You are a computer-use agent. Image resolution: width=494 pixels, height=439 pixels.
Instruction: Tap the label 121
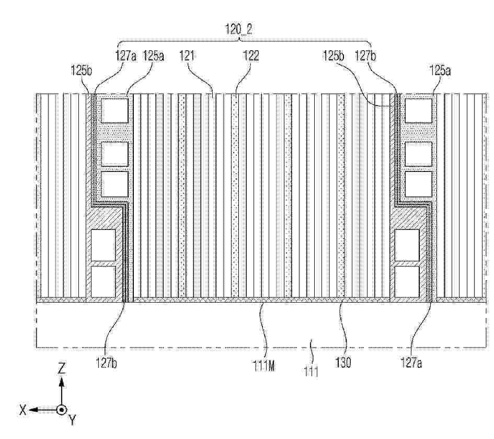(187, 56)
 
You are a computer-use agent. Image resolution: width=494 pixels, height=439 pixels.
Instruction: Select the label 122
(251, 56)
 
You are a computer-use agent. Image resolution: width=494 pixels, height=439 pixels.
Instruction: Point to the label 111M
(263, 365)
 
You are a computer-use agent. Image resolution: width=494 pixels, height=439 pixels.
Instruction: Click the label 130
(343, 363)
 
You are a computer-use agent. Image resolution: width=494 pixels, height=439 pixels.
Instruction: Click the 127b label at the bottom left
(107, 363)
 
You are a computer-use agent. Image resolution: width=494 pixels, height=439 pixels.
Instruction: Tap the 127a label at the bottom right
(411, 363)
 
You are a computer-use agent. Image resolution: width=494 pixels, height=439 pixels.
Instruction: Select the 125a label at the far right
(440, 71)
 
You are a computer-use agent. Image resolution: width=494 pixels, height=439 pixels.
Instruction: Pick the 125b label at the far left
(81, 70)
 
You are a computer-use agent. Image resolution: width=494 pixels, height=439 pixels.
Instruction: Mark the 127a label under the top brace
(126, 56)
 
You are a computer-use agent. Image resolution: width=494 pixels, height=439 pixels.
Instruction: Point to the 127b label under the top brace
(365, 56)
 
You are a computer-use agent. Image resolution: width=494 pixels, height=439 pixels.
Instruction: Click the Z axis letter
(62, 368)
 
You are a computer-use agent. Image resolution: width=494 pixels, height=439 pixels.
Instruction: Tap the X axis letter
(22, 410)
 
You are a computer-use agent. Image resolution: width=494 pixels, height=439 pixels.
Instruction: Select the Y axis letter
(73, 420)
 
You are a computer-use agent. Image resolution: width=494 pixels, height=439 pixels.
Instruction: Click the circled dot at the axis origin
(62, 410)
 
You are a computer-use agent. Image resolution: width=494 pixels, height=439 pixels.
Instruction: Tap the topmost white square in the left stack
(114, 111)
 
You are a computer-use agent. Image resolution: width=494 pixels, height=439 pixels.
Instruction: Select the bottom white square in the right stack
(407, 282)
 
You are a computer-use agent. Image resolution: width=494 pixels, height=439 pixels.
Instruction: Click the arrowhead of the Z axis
(62, 382)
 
